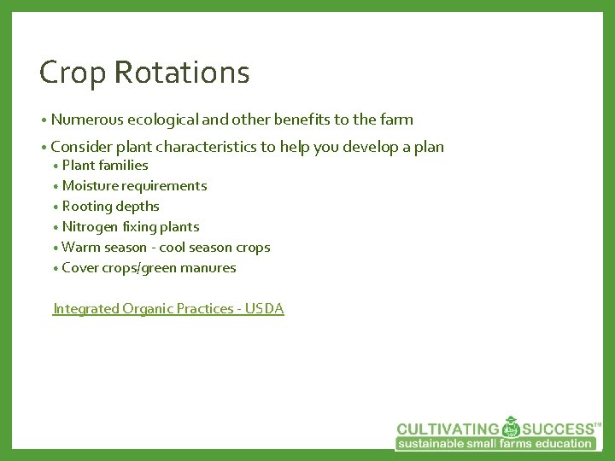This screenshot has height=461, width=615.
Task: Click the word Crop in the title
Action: [x=73, y=73]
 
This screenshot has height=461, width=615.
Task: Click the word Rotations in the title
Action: [x=182, y=73]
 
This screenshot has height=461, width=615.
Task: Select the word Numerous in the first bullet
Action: [x=87, y=120]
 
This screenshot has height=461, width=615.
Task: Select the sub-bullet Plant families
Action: [x=105, y=166]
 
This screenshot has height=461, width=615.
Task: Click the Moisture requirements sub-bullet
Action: [x=134, y=186]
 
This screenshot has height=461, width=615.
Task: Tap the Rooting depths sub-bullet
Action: [x=110, y=207]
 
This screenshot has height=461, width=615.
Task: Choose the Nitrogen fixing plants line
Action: [x=131, y=227]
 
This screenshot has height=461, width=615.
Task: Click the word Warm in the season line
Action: [x=81, y=248]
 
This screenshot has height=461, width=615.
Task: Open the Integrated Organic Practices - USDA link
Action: [x=168, y=309]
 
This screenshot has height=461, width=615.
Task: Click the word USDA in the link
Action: [x=265, y=309]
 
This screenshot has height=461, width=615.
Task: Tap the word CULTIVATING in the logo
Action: [x=448, y=429]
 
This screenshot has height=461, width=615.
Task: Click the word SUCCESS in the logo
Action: [x=559, y=429]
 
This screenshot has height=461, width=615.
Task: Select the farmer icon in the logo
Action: [x=511, y=426]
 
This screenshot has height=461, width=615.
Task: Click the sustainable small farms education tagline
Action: [x=495, y=444]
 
